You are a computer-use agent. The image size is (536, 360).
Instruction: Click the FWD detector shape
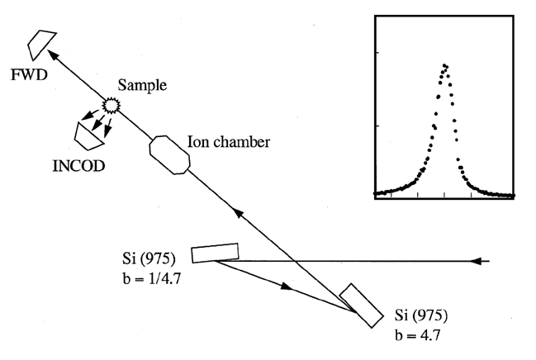(x=40, y=42)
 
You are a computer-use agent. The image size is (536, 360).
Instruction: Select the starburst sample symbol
(x=109, y=105)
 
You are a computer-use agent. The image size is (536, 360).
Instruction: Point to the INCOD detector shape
(x=85, y=131)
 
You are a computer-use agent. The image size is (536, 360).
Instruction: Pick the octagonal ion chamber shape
(x=170, y=154)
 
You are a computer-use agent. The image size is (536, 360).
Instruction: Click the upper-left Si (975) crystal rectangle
(x=215, y=253)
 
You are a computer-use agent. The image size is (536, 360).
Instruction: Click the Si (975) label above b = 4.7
(x=420, y=316)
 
